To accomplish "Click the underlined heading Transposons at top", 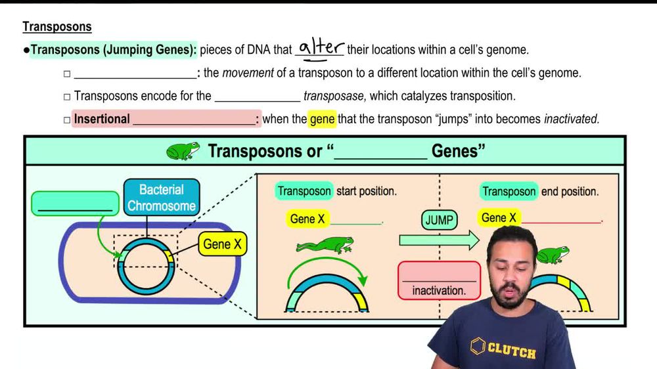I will pos(57,27).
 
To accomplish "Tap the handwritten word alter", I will pos(321,47).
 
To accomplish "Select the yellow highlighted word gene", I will pos(322,119).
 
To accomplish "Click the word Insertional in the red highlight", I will pos(102,119).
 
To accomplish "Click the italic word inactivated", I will pos(571,119).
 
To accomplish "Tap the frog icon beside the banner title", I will pos(183,150).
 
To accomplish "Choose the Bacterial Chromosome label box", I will pos(161,198).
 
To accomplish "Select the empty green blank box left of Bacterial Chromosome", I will pos(75,203).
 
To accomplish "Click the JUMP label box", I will pos(439,220).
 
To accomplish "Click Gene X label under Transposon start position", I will pos(307,219).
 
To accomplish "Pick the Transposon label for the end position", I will pos(509,192).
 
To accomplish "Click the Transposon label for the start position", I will pos(304,192).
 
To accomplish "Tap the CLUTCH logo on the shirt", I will pos(503,349).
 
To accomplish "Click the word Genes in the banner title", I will pos(458,151).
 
